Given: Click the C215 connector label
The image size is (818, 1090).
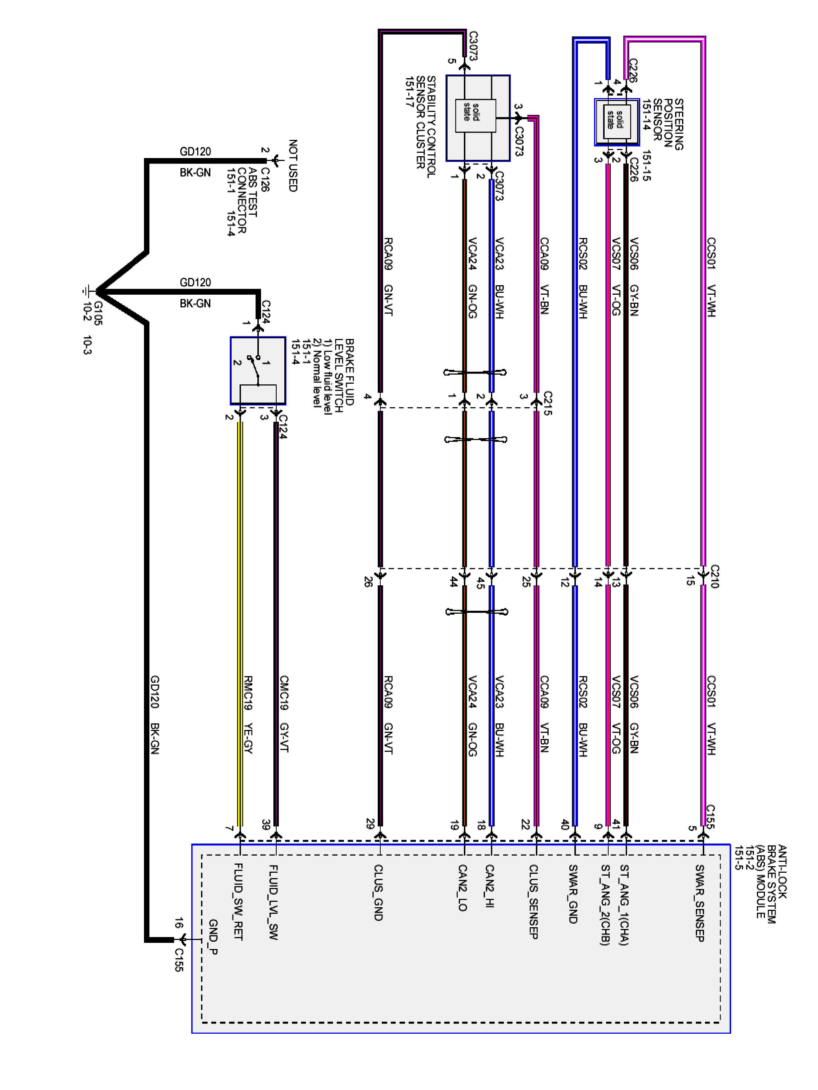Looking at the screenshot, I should (x=547, y=403).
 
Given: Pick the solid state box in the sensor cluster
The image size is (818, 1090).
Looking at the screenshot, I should (x=475, y=115).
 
